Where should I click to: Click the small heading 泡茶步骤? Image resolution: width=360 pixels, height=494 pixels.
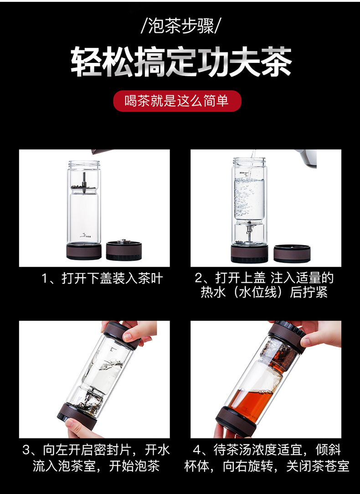point(180,26)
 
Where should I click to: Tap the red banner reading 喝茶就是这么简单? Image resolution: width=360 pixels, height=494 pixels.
point(177,101)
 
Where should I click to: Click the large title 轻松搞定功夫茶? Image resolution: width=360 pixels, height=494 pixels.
point(181,61)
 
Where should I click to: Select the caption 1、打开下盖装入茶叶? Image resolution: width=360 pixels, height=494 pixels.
point(102,279)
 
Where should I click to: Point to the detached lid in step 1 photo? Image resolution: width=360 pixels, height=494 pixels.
point(123,250)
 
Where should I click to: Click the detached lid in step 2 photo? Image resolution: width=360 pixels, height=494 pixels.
point(292,253)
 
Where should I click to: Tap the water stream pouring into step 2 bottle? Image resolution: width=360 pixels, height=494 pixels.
point(252,164)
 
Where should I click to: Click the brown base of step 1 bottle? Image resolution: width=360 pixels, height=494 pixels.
point(84,251)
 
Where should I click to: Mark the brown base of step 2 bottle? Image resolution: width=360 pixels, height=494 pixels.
point(249,253)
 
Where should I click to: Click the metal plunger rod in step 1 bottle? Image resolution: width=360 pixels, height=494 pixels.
point(84,182)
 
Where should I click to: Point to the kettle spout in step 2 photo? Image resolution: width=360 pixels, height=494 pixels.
point(305,158)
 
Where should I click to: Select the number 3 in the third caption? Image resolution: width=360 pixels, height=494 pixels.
point(26,450)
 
